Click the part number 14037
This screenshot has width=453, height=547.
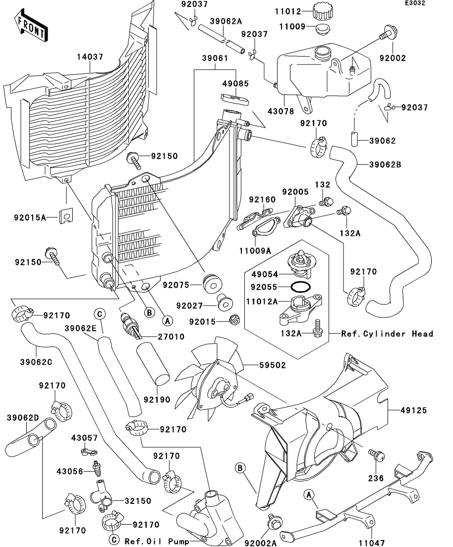[x=90, y=58]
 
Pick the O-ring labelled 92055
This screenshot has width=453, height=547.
[x=301, y=287]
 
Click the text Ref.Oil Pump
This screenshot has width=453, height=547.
[x=157, y=541]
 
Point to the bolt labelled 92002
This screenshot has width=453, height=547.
[x=387, y=35]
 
